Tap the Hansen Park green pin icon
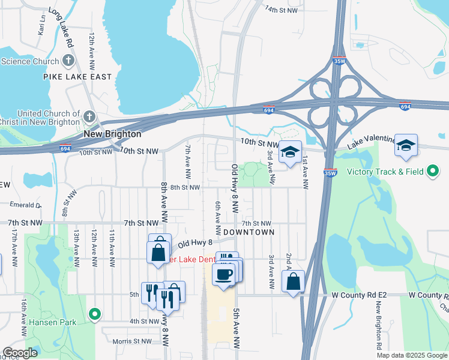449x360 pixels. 94,314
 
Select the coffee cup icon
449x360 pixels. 224,275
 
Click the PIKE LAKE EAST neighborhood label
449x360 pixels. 77,77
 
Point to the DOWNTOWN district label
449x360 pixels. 249,232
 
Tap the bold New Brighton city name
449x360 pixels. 112,134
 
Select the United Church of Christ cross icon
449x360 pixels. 89,116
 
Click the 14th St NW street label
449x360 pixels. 282,10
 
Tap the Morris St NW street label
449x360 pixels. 133,341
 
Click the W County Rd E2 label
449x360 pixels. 358,296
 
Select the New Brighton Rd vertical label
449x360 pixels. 379,324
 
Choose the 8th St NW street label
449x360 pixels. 185,187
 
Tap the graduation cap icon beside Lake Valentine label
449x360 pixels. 406,145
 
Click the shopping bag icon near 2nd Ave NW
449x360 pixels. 293,281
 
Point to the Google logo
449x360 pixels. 20,353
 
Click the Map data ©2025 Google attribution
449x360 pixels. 411,355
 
